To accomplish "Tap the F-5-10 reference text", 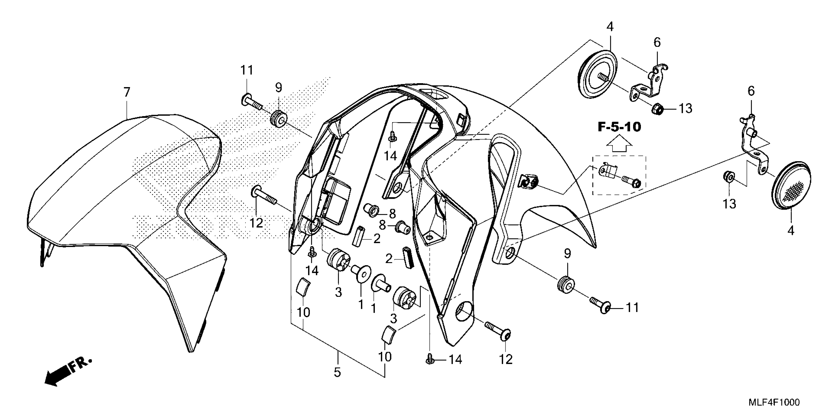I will point(619,127).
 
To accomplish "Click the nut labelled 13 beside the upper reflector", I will point(657,109).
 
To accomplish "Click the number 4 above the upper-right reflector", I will point(610,27).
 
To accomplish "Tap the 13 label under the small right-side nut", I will point(729,204).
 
